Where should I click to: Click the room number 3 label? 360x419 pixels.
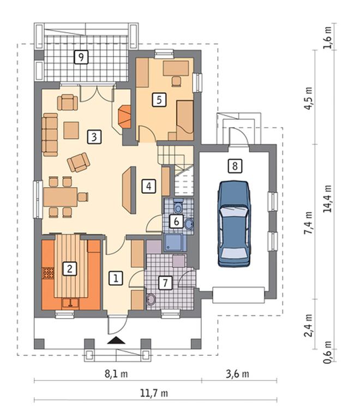click(x=94, y=137)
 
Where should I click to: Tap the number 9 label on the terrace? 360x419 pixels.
click(x=81, y=57)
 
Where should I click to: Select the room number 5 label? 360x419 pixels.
click(x=159, y=100)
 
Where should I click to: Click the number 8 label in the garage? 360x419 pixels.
click(x=235, y=166)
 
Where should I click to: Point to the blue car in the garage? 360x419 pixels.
click(x=235, y=224)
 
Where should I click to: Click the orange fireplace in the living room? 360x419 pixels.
click(x=124, y=117)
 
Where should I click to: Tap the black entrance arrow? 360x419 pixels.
click(x=116, y=340)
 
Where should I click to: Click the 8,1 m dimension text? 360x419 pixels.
click(x=116, y=374)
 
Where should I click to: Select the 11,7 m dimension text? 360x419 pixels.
click(x=154, y=393)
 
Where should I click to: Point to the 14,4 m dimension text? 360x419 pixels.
click(x=327, y=199)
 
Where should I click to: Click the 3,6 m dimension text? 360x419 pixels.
click(x=237, y=374)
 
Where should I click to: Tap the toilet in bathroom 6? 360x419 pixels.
click(x=178, y=206)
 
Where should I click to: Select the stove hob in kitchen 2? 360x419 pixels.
click(x=48, y=273)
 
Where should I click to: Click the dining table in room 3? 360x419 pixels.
click(x=61, y=197)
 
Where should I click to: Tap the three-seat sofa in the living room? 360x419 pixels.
click(x=50, y=134)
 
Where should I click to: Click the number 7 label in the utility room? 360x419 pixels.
click(x=165, y=283)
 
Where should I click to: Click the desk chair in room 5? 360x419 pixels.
click(x=176, y=81)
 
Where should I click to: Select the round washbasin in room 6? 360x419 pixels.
click(x=189, y=224)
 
